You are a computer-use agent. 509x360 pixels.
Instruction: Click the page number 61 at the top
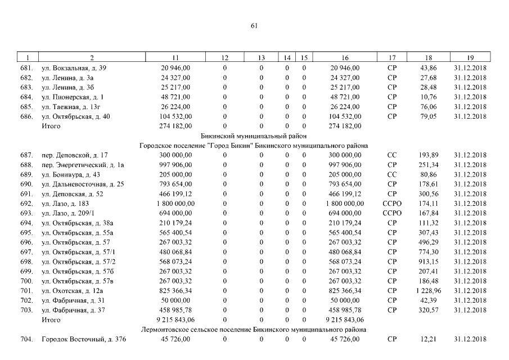[x=254, y=25]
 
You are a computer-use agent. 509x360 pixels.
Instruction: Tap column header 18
[x=429, y=58]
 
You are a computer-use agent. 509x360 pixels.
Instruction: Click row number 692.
[x=26, y=204]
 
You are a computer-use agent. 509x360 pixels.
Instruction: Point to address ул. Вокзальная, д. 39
[x=74, y=68]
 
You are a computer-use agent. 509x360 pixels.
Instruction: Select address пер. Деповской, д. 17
[x=75, y=155]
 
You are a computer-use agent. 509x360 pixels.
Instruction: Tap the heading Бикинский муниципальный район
[x=254, y=136]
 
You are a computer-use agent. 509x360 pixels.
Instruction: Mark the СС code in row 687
[x=392, y=155]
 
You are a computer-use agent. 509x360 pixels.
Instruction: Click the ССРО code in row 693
[x=392, y=213]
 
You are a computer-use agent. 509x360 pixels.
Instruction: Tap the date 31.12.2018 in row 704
[x=470, y=339]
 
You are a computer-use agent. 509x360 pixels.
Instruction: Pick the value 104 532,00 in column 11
[x=175, y=116]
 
